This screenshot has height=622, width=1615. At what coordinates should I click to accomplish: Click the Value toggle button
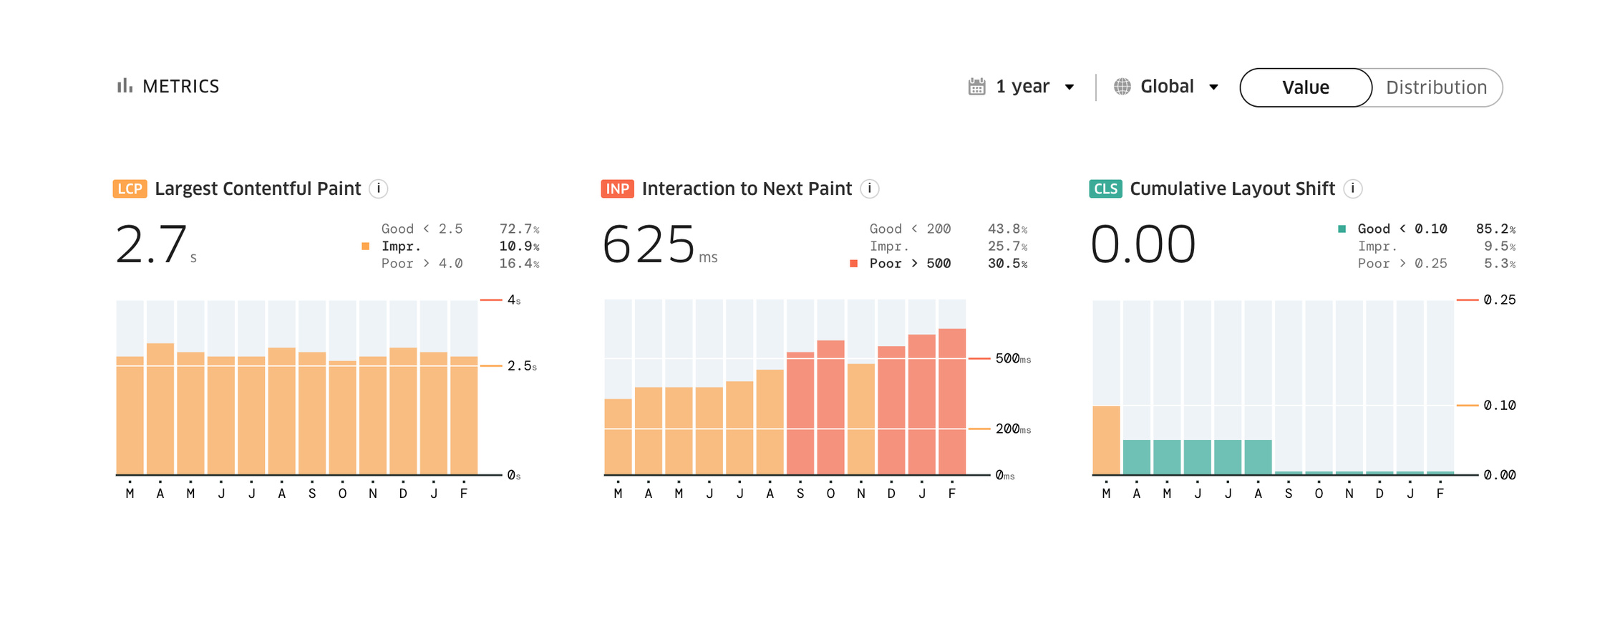coord(1305,87)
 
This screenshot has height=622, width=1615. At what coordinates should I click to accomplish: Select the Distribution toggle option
coord(1436,87)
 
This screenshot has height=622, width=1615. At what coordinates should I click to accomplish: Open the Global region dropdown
coord(1167,87)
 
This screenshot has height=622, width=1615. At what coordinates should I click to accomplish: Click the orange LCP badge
coord(130,188)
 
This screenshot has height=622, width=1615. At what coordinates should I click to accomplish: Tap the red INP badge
coord(617,188)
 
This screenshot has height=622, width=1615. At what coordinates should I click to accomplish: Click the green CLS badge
coord(1105,188)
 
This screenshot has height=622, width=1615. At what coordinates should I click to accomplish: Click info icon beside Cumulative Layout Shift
coord(1352,188)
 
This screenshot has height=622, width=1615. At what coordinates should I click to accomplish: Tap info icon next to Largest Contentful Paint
coord(378,188)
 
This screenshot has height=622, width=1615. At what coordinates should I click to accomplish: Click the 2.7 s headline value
coord(152,244)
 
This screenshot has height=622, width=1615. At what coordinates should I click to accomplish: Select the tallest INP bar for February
coord(951,401)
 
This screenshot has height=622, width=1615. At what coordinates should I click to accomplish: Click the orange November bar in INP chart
coord(860,419)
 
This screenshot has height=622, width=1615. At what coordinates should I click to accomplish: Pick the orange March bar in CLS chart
coord(1106,440)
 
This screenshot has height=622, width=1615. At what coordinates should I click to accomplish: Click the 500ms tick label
coord(1012,358)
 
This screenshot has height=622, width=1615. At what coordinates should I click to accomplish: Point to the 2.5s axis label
coord(521,366)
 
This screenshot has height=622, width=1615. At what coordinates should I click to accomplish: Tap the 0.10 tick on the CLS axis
coord(1499,406)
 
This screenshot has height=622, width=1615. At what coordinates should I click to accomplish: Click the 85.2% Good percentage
coord(1495,229)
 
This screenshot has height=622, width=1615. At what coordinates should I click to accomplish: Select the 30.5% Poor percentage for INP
coord(1007,264)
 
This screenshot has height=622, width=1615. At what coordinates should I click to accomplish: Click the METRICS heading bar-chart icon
coord(125,86)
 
